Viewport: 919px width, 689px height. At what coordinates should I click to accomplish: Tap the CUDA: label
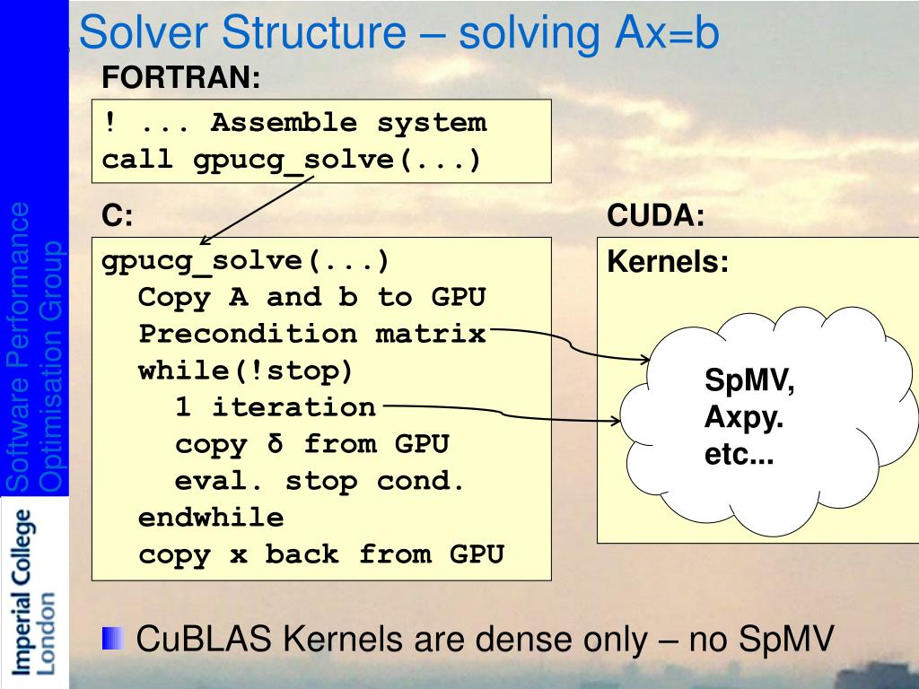[x=656, y=215]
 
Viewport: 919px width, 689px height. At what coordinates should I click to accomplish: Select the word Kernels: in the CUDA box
[x=668, y=262]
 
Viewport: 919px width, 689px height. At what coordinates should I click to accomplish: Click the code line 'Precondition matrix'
[x=311, y=334]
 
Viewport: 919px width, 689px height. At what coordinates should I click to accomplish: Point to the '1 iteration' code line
[x=276, y=407]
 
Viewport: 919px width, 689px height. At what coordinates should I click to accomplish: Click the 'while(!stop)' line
[x=246, y=371]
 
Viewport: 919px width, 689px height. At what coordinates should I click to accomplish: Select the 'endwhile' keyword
[x=211, y=518]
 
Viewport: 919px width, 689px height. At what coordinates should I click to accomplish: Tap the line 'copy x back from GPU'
[x=321, y=554]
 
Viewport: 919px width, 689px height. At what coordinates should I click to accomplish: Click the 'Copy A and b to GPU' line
[x=312, y=297]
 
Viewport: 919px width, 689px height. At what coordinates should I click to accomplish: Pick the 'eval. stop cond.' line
[x=320, y=481]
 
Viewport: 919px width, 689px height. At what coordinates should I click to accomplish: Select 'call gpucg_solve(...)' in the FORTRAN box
[x=292, y=161]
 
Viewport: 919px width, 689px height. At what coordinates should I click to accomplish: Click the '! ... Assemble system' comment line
[x=294, y=123]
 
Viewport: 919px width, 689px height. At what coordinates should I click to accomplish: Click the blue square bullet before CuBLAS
[x=113, y=639]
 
